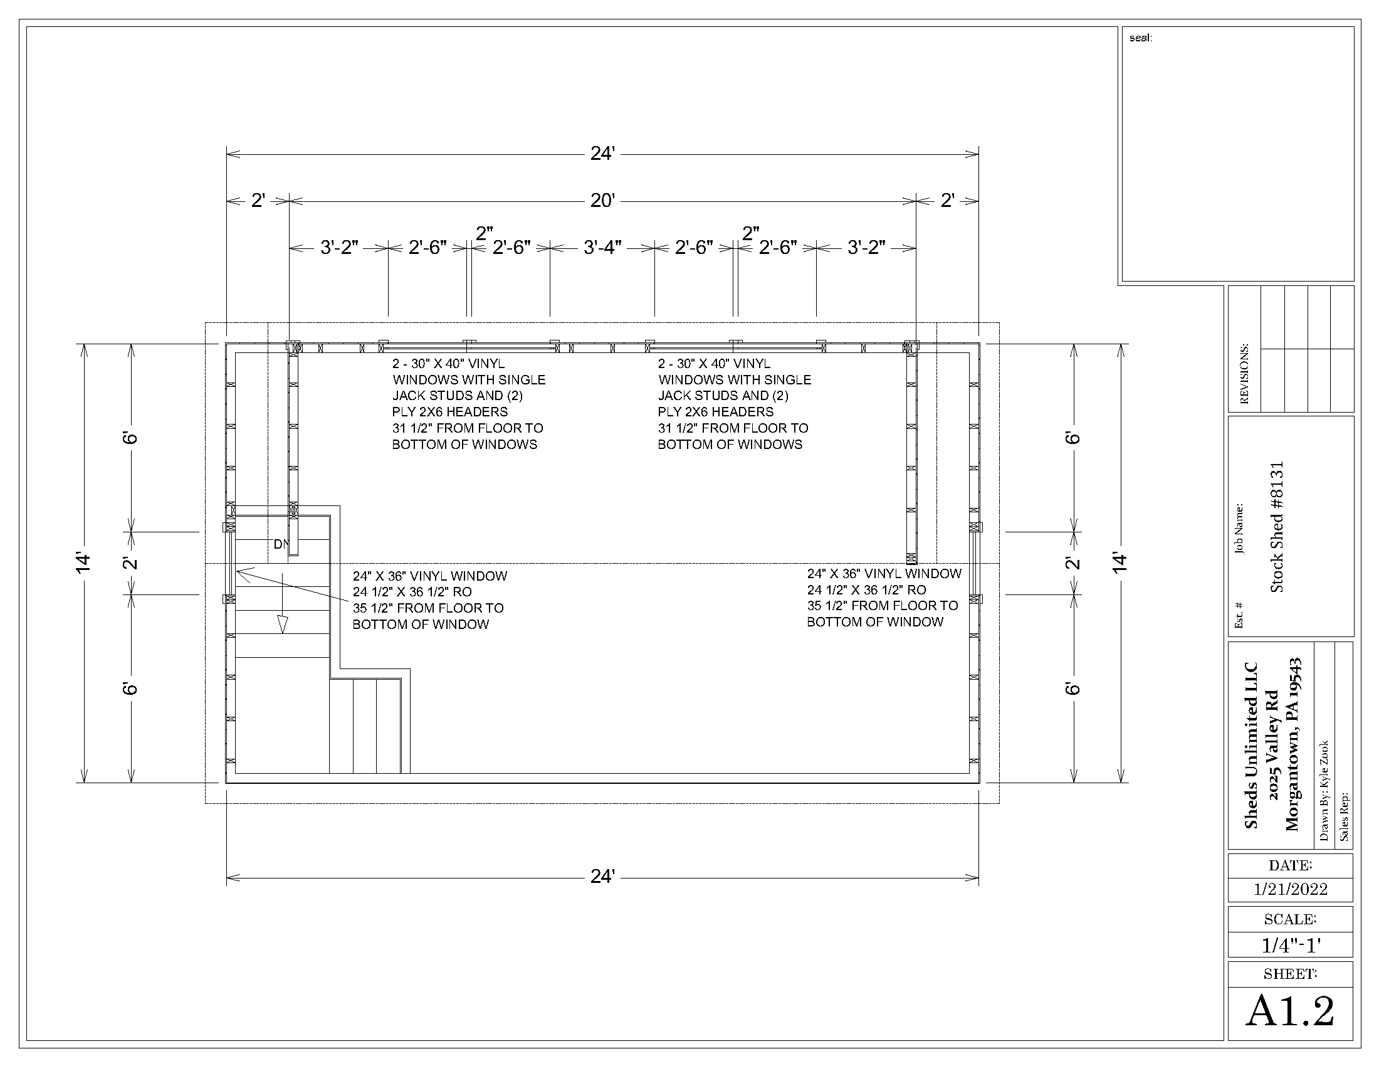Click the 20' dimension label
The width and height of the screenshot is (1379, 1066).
[x=602, y=200]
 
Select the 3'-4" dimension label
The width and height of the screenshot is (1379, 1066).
[x=602, y=247]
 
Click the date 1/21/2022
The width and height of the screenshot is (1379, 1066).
[x=1290, y=889]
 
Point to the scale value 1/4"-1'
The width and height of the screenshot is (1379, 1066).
[x=1291, y=946]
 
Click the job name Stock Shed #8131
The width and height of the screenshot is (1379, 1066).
[x=1277, y=527]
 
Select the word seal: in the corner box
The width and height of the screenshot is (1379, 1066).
[x=1140, y=38]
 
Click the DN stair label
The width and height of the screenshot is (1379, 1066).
[x=281, y=544]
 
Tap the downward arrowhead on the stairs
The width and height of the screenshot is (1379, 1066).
[x=282, y=625]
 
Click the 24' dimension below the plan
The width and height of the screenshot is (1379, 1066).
[x=602, y=876]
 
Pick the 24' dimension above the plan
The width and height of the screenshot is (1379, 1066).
[x=602, y=153]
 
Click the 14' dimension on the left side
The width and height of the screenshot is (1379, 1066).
[x=83, y=562]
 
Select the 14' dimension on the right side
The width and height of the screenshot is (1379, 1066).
[x=1119, y=562]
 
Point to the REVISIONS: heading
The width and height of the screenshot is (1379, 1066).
[x=1244, y=374]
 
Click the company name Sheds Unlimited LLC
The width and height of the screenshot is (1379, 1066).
[x=1251, y=745]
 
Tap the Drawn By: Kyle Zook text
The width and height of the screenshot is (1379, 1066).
[x=1323, y=790]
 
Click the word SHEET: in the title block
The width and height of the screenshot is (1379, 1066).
[x=1290, y=974]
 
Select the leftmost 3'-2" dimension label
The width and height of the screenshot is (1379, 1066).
[x=339, y=247]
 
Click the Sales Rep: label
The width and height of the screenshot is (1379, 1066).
[x=1344, y=816]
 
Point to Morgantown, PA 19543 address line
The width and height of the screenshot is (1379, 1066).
[x=1293, y=745]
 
